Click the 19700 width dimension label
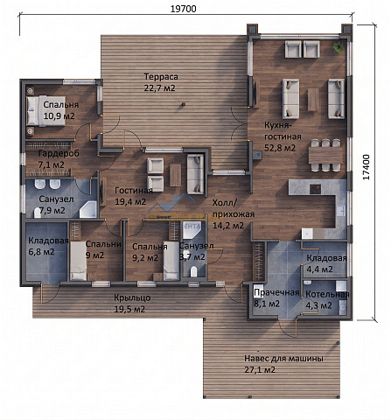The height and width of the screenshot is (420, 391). click(183, 9)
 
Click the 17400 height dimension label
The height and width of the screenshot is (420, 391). click(366, 167)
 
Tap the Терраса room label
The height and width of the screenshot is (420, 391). click(161, 77)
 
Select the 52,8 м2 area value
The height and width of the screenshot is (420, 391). click(280, 148)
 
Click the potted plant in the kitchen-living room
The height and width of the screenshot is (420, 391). click(339, 47)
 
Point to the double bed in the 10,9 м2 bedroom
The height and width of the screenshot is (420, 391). click(45, 111)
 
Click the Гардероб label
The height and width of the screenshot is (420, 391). click(59, 153)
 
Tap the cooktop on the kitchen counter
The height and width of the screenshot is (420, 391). click(315, 189)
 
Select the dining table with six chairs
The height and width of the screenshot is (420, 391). click(325, 155)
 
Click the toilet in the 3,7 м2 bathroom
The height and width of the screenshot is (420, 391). click(193, 272)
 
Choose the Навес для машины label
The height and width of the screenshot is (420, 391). click(283, 359)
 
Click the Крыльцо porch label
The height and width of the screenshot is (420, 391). click(132, 297)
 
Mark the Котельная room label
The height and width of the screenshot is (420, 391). click(327, 295)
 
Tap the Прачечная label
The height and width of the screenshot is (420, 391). click(276, 292)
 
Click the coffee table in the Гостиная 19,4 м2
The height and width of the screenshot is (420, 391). click(175, 175)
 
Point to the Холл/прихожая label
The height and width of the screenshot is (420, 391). click(234, 208)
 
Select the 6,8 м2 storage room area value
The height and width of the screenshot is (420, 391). click(41, 252)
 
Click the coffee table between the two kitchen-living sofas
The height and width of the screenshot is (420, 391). click(313, 100)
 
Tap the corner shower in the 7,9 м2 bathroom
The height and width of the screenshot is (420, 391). click(88, 209)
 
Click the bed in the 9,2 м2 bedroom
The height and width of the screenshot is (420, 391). click(171, 261)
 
